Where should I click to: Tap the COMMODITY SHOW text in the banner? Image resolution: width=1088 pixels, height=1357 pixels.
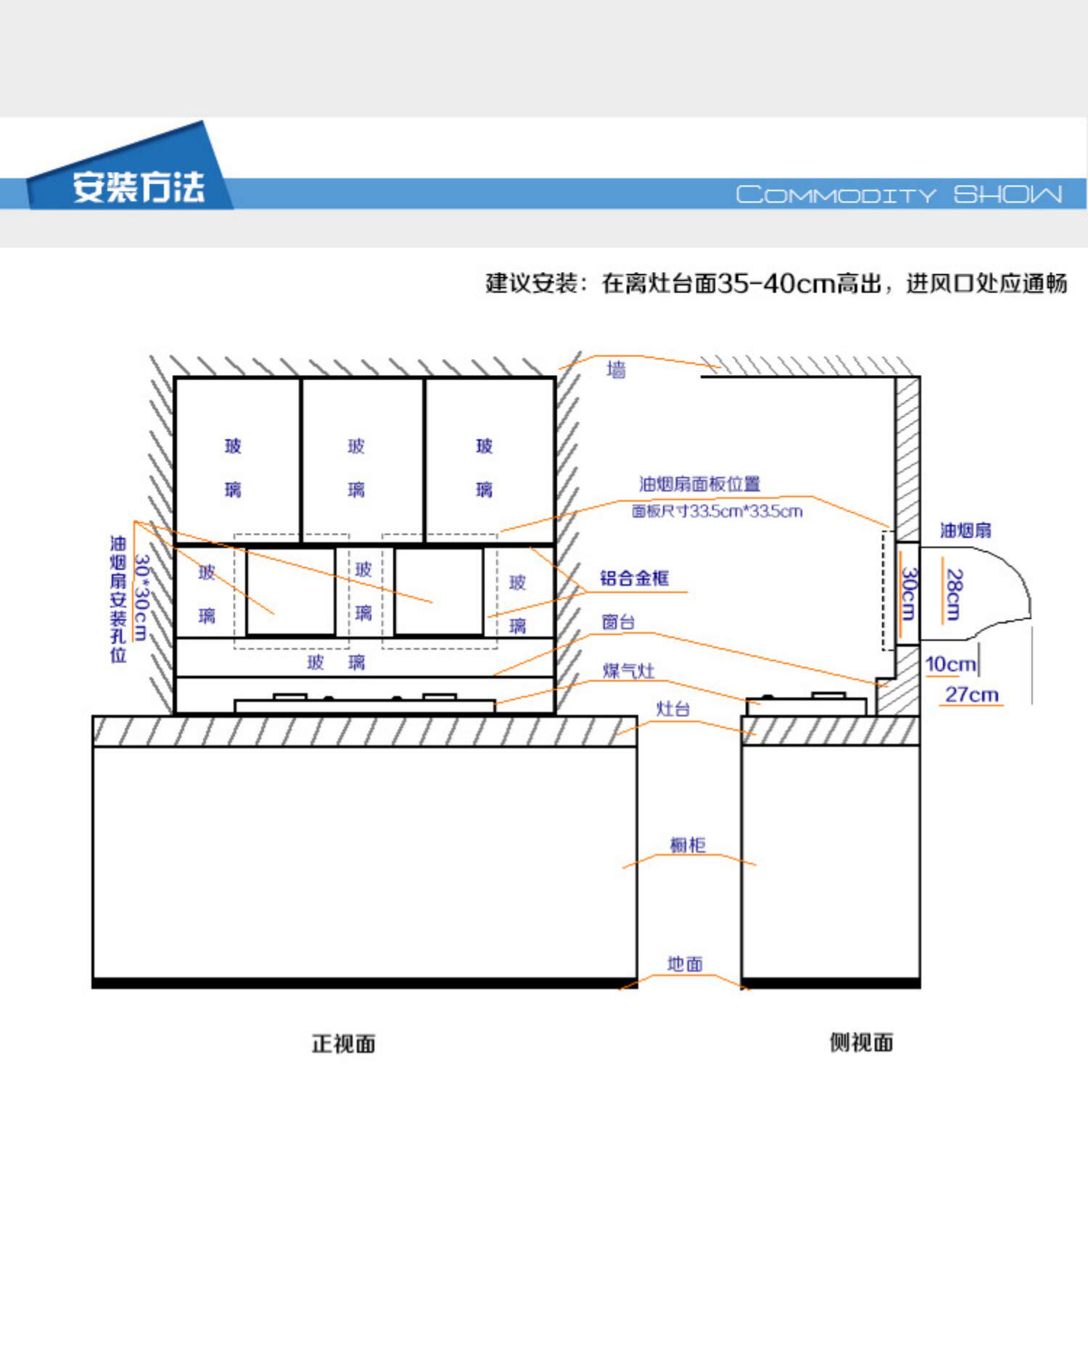pyautogui.click(x=899, y=194)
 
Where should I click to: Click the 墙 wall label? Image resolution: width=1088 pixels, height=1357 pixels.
pyautogui.click(x=616, y=370)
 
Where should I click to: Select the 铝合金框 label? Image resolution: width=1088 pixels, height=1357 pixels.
pyautogui.click(x=634, y=578)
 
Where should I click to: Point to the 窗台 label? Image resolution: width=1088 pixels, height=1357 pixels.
pyautogui.click(x=618, y=622)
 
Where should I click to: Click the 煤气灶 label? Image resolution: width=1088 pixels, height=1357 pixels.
pyautogui.click(x=628, y=671)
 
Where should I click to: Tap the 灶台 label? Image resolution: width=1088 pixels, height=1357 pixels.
pyautogui.click(x=672, y=709)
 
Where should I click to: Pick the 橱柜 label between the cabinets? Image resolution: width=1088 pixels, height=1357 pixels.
pyautogui.click(x=687, y=845)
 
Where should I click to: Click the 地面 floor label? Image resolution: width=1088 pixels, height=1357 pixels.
pyautogui.click(x=685, y=964)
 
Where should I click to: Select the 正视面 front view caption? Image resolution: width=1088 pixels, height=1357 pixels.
pyautogui.click(x=343, y=1044)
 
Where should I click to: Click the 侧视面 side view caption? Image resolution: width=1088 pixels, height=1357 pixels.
pyautogui.click(x=861, y=1042)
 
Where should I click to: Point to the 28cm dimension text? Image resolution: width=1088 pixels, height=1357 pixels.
pyautogui.click(x=955, y=595)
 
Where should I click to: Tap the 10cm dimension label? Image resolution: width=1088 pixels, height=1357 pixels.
pyautogui.click(x=950, y=664)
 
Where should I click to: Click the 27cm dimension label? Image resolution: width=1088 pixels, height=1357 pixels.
pyautogui.click(x=971, y=695)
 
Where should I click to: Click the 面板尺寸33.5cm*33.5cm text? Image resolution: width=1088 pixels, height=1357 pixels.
pyautogui.click(x=717, y=511)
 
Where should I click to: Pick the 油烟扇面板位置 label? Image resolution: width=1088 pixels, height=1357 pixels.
pyautogui.click(x=699, y=484)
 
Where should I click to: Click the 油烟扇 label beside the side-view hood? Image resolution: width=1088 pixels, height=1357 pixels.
pyautogui.click(x=965, y=530)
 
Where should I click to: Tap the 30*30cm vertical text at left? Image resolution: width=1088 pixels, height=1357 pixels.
pyautogui.click(x=141, y=598)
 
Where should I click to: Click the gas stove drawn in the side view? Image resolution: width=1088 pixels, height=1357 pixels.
pyautogui.click(x=807, y=704)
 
